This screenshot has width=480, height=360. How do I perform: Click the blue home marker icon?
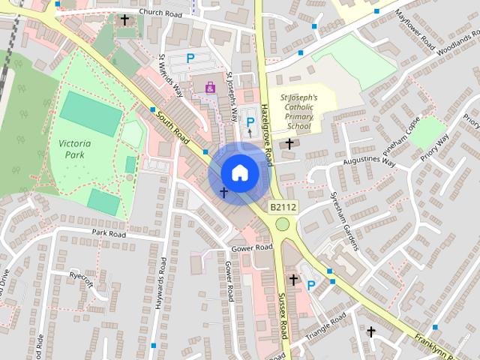click(x=239, y=172)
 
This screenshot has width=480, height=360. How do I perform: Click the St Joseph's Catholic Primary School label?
click(x=298, y=112)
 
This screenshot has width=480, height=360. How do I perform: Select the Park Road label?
click(x=107, y=233)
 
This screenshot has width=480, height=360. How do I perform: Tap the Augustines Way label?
click(x=367, y=161)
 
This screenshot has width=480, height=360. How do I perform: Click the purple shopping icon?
click(x=209, y=88)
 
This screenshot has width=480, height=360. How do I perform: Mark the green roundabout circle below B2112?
click(x=282, y=224)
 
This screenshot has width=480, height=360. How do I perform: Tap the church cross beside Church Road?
click(x=124, y=19)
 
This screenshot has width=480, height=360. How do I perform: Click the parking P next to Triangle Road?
click(x=310, y=284)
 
